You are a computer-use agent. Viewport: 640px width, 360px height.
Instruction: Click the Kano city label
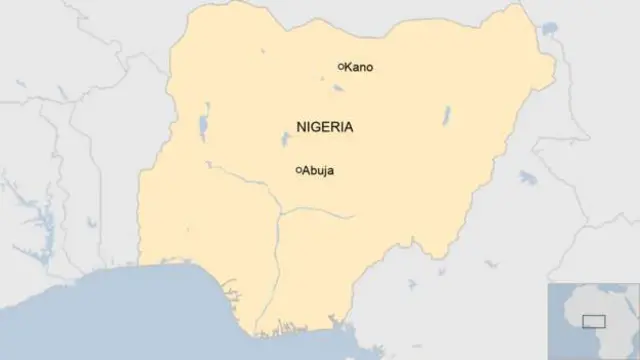tap(360, 67)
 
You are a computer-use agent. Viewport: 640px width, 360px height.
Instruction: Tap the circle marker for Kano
tap(340, 66)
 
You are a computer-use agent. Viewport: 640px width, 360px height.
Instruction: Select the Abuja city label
tap(318, 171)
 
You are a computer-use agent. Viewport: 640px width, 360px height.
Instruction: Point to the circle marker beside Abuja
tap(298, 170)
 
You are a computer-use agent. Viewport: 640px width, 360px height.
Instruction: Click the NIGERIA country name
tap(324, 128)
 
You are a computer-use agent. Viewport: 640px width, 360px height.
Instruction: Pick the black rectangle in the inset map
tap(594, 320)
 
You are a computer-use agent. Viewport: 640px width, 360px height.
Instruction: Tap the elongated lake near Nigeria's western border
tap(203, 125)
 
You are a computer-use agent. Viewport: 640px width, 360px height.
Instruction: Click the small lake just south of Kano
tap(338, 86)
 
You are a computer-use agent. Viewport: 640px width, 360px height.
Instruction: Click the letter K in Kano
tap(349, 67)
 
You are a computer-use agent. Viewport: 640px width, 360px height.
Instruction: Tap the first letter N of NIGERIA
tap(302, 128)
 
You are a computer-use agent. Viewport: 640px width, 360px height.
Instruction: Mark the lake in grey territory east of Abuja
tap(522, 177)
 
